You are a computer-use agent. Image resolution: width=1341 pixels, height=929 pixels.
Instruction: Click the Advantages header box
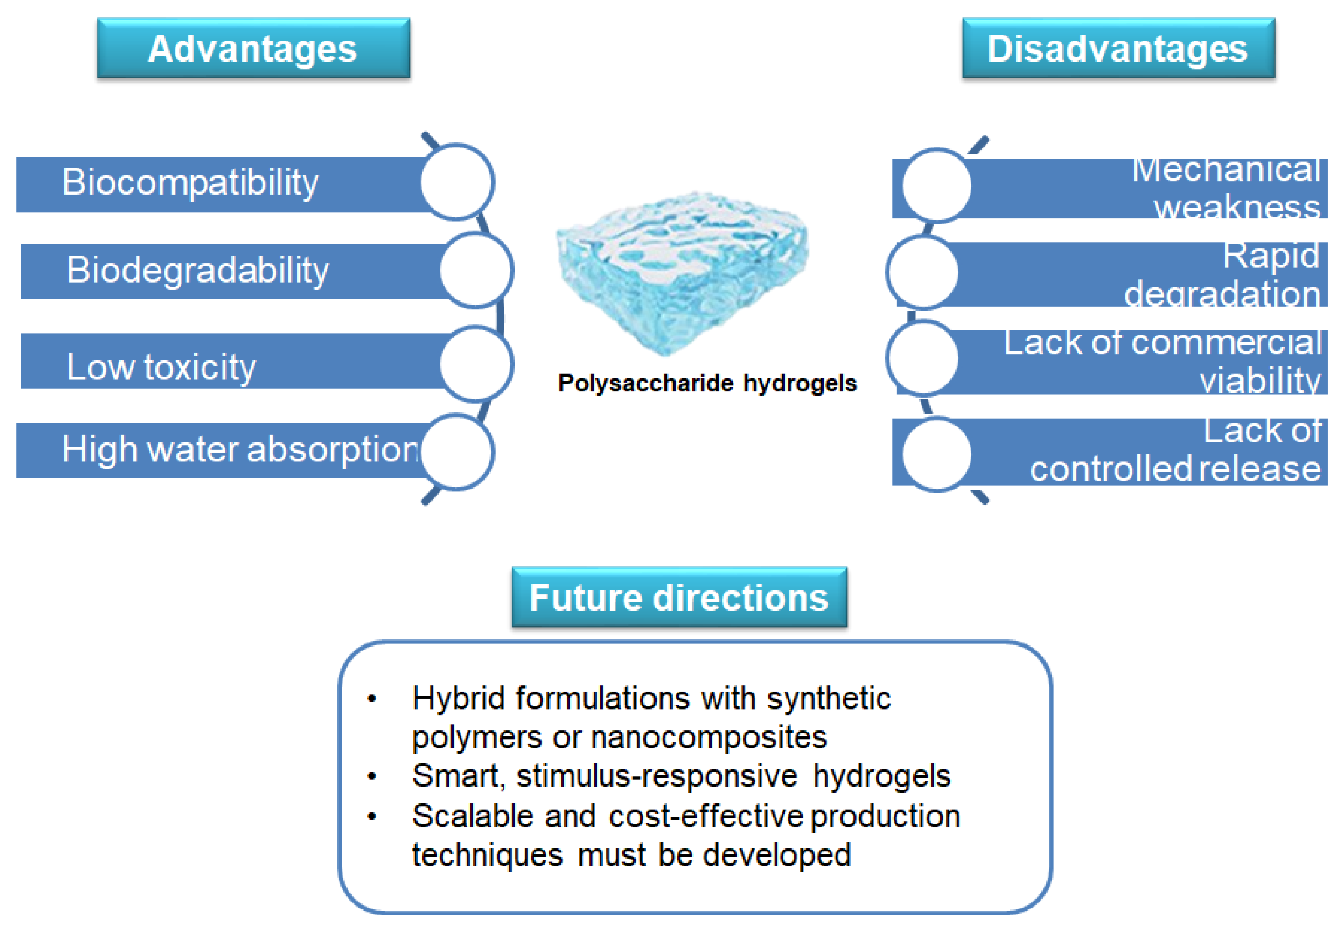click(x=253, y=49)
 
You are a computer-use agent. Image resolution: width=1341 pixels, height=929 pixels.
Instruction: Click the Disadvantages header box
click(x=1118, y=49)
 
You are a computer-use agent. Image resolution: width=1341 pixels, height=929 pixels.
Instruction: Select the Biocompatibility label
click(x=190, y=182)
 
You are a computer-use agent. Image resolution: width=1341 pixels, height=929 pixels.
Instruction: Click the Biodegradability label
click(x=198, y=271)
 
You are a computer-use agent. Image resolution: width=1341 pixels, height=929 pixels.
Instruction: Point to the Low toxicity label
click(x=161, y=367)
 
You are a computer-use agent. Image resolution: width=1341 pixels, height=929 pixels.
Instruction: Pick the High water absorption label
click(x=240, y=450)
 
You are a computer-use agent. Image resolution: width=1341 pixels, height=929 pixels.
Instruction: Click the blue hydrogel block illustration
click(x=681, y=271)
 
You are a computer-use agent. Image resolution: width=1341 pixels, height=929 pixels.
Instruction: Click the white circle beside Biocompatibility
click(x=457, y=182)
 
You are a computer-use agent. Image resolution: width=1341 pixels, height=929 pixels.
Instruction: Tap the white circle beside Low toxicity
click(x=476, y=364)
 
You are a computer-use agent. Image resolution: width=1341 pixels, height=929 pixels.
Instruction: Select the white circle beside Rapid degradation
click(x=922, y=272)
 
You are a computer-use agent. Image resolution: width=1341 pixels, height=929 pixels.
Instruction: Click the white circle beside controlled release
click(x=936, y=454)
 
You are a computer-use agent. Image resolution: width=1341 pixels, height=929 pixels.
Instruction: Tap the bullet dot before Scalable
click(x=372, y=817)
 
